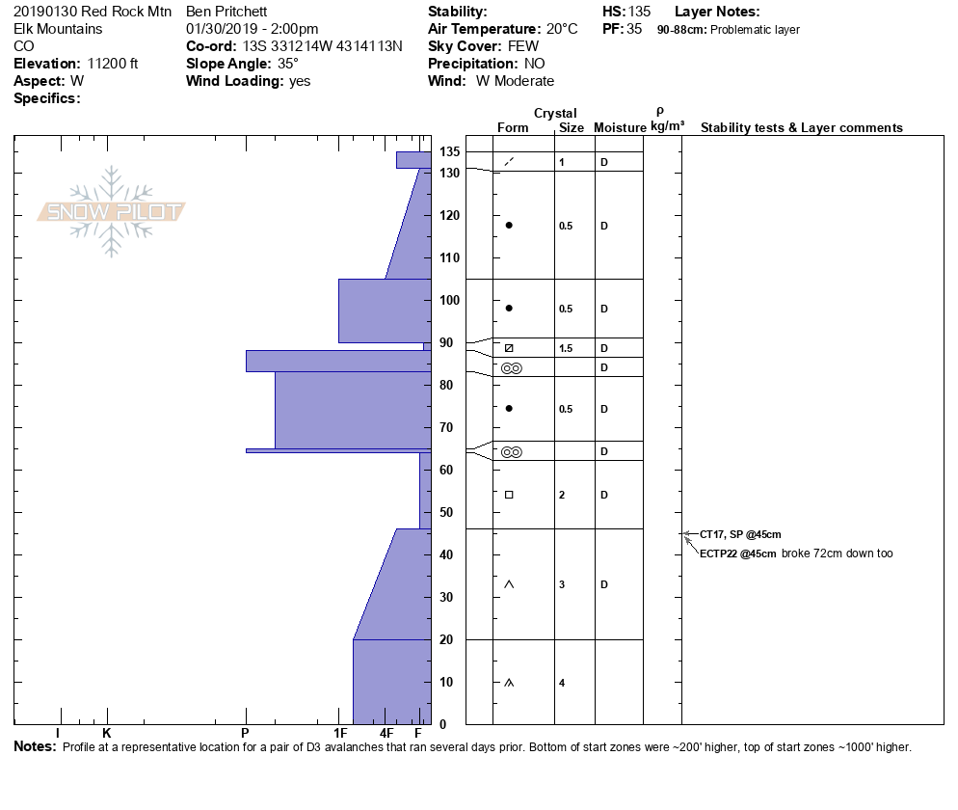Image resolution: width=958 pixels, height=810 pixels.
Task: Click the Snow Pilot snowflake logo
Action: (x=111, y=211)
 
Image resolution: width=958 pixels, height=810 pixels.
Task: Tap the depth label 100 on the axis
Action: (x=449, y=300)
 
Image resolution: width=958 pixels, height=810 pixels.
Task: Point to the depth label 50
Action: (x=446, y=512)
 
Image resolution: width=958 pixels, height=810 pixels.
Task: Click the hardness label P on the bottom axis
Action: (x=245, y=733)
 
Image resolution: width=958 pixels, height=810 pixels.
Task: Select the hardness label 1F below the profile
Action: (x=340, y=733)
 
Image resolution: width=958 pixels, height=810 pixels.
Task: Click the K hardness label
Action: (x=106, y=733)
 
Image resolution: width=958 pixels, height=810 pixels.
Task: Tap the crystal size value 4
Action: (x=562, y=683)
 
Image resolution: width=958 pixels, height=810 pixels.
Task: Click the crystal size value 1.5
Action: (x=566, y=348)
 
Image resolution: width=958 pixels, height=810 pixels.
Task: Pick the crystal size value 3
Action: (x=562, y=584)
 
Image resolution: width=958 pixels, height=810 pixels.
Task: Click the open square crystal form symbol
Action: (x=509, y=495)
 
